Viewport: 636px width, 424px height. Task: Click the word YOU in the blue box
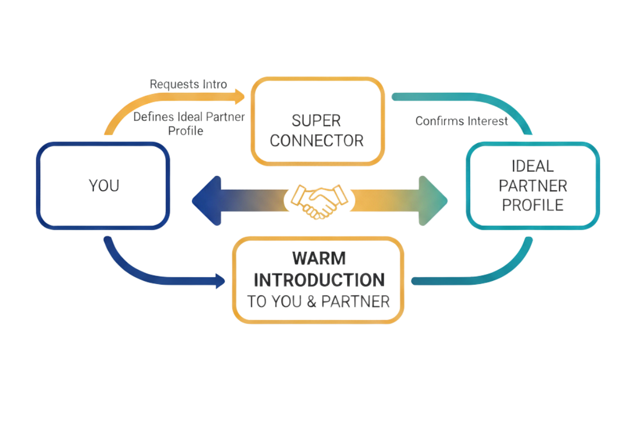click(104, 186)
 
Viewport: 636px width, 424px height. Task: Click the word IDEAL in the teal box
click(533, 166)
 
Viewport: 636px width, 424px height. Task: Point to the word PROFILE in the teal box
click(533, 205)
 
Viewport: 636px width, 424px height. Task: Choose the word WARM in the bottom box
click(318, 258)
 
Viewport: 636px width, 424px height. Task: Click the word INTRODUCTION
click(318, 279)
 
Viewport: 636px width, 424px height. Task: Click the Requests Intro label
click(189, 84)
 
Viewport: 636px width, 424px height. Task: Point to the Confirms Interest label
click(462, 121)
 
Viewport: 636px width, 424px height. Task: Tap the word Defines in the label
click(151, 117)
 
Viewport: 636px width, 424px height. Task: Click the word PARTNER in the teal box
click(533, 185)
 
